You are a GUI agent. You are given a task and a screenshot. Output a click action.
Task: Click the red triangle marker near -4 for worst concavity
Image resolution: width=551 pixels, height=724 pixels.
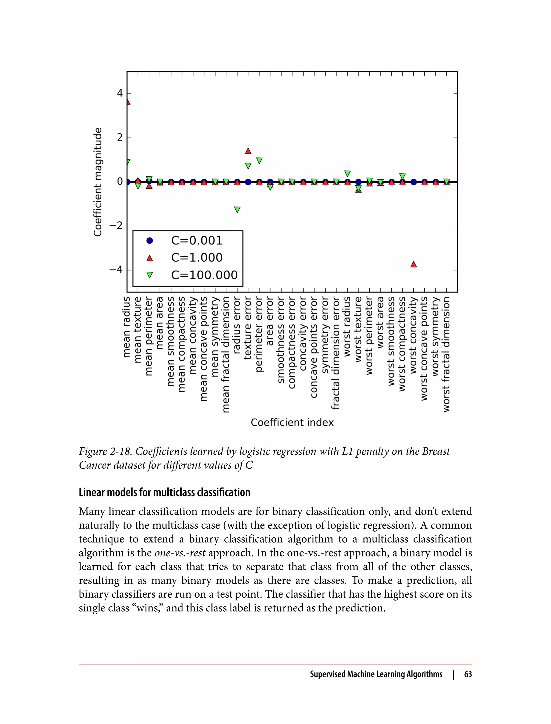(414, 264)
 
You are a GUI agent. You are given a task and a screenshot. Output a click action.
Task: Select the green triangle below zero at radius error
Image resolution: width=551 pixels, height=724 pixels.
(237, 210)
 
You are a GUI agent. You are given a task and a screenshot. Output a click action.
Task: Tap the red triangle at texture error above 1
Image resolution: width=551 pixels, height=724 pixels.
(248, 151)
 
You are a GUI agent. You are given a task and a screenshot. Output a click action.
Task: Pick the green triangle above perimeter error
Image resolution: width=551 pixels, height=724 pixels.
(259, 161)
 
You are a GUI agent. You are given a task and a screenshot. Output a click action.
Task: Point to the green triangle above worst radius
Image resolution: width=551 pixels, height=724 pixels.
(347, 173)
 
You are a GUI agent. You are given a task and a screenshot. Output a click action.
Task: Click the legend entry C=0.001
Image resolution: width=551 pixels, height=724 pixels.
(196, 241)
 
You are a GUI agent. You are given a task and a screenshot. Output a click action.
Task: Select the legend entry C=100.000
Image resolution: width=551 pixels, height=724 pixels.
(204, 275)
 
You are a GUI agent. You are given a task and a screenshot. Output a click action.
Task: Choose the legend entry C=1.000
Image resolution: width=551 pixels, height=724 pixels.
(196, 258)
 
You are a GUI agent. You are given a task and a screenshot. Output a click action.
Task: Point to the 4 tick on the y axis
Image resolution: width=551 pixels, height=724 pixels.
(120, 93)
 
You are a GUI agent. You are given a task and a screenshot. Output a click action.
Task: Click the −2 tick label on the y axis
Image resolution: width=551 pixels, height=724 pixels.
(115, 226)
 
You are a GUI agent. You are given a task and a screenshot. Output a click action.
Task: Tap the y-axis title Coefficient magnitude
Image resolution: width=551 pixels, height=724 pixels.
(98, 182)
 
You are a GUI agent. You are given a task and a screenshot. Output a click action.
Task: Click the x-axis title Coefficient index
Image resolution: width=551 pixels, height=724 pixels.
(292, 423)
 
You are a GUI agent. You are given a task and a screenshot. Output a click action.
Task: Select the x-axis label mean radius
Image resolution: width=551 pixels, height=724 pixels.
(127, 327)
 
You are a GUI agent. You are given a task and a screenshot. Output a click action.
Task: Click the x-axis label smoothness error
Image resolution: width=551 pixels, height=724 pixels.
(281, 340)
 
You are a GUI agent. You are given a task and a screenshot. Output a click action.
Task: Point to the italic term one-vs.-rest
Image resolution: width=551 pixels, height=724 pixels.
(180, 553)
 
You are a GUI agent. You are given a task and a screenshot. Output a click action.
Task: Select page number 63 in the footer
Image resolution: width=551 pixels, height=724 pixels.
(468, 674)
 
